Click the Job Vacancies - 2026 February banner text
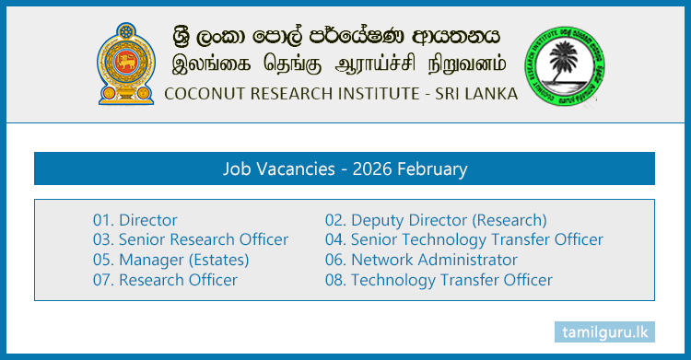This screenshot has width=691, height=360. click(345, 169)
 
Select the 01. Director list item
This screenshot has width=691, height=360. click(135, 220)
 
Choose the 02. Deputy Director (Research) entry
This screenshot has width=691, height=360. click(436, 220)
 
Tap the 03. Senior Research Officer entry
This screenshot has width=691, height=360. click(191, 239)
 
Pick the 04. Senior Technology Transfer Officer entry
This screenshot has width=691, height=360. click(464, 239)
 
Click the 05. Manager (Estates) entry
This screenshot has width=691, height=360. click(171, 260)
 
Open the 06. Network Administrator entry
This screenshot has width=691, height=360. click(421, 260)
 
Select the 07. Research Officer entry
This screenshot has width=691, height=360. click(165, 280)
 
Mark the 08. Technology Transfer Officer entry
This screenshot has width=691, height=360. click(439, 280)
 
